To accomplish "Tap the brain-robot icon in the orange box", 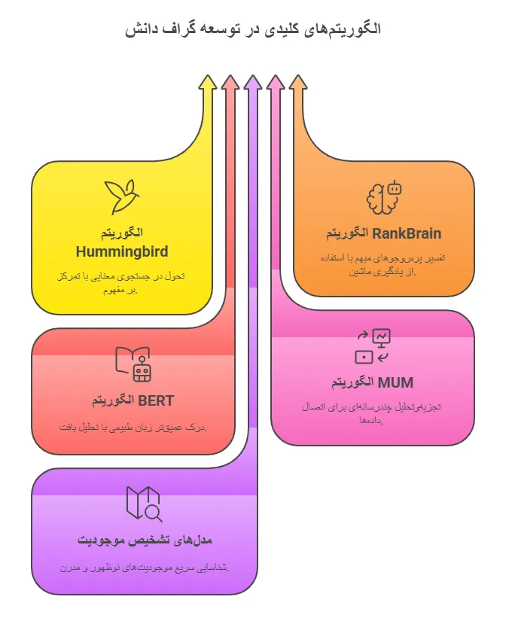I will coord(384,197).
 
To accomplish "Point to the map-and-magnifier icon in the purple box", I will coord(144,504).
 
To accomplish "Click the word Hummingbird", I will coord(122,251).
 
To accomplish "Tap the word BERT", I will coord(156,400).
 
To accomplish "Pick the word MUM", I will coord(395,382).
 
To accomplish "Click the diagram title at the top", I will coord(253,29).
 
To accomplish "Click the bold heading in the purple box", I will coord(145,540).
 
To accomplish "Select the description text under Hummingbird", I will coord(120,283).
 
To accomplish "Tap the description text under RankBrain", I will coord(385,264).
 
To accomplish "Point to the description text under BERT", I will coord(133,428).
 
